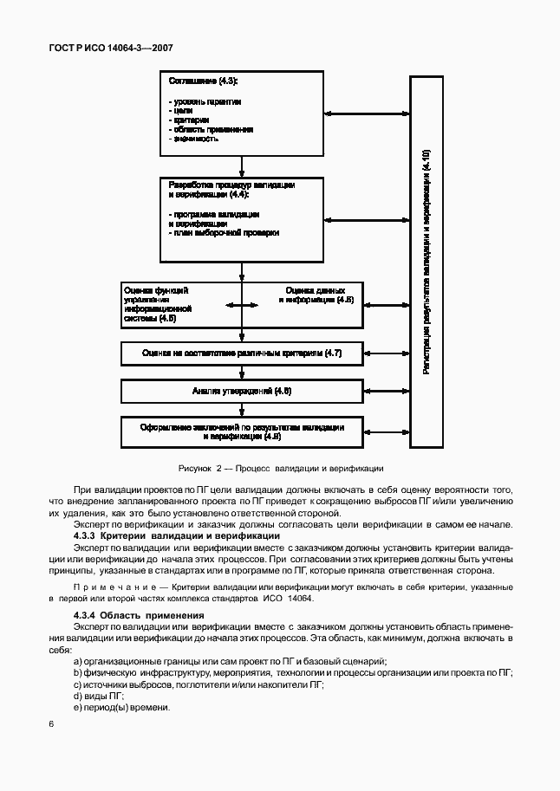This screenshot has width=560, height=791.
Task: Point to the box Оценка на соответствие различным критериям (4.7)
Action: [242, 354]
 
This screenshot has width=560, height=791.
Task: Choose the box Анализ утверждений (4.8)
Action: [242, 392]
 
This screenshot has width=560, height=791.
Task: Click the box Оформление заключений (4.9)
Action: [242, 432]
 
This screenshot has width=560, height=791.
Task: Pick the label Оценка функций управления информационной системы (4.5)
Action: [157, 304]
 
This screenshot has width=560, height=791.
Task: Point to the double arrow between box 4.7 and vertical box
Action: [386, 354]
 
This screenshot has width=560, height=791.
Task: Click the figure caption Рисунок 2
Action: [280, 469]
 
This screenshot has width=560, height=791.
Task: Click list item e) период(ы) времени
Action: [121, 708]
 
